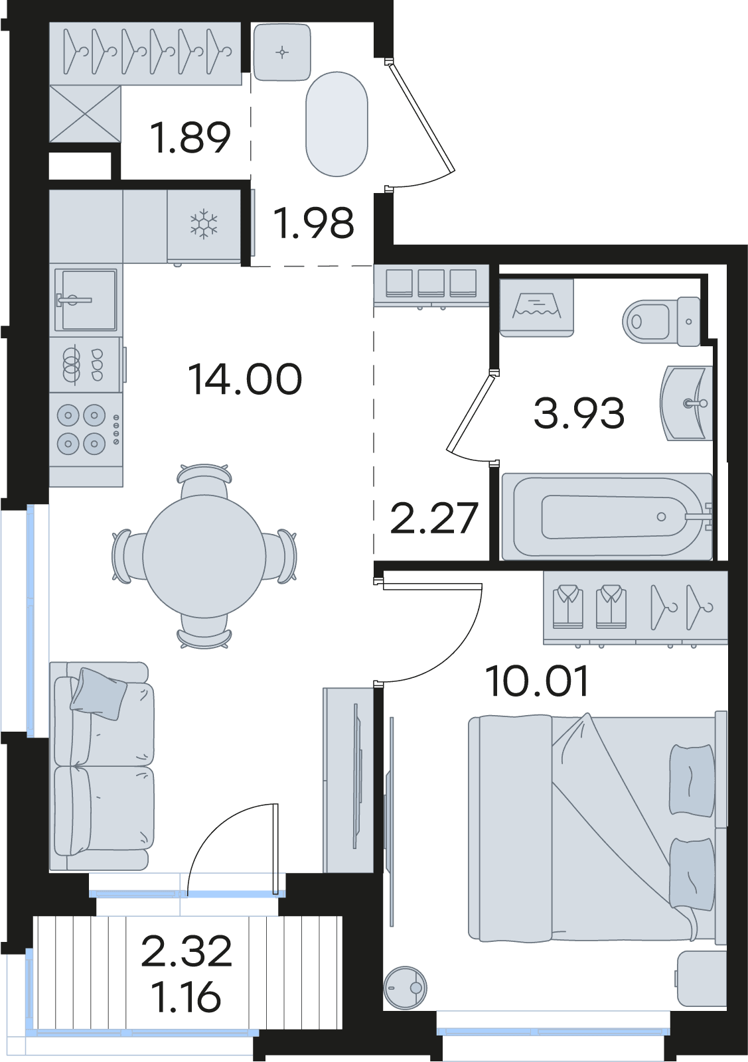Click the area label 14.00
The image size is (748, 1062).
pos(245,379)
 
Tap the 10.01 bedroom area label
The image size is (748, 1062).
pos(538,681)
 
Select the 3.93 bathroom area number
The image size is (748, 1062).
pos(579,413)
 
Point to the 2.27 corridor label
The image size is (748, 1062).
pos(433,518)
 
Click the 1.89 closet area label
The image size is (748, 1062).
pos(190,138)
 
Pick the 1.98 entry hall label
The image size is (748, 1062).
pos(314,224)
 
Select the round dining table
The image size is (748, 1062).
pos(204,556)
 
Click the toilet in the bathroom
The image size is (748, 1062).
pos(661,322)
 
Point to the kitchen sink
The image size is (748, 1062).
pos(86,300)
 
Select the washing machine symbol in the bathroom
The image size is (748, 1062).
pos(536,308)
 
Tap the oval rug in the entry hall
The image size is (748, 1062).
pos(337,124)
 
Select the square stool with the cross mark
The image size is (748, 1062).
pos(282,52)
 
